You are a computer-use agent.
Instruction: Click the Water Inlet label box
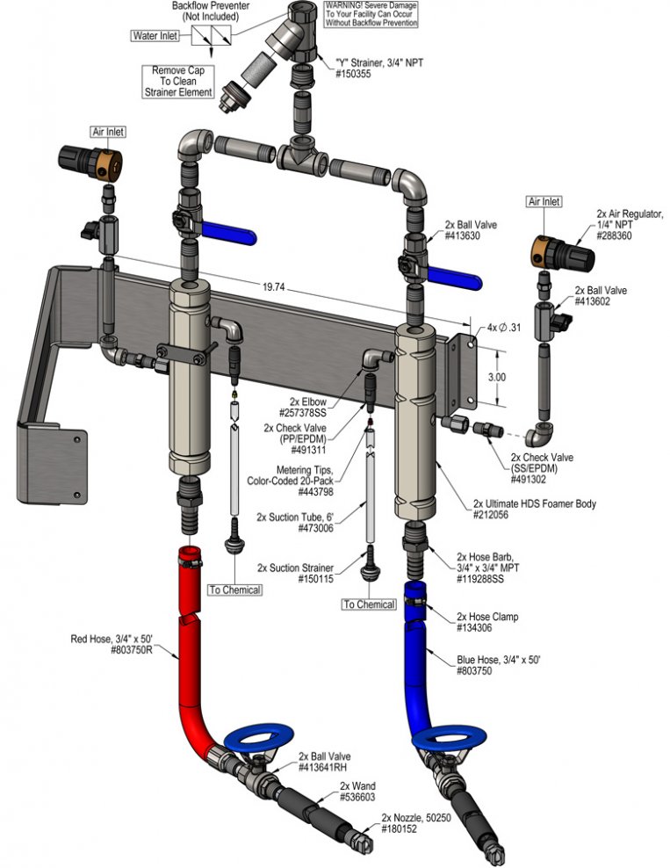[155, 36]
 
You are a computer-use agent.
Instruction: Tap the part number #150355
[353, 74]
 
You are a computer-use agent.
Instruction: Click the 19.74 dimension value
[273, 286]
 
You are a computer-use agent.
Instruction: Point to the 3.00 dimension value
[497, 377]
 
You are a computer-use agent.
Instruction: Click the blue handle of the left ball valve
[228, 232]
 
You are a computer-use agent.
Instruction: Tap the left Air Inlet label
[108, 132]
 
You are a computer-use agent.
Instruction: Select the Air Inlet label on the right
[544, 201]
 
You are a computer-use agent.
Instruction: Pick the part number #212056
[491, 515]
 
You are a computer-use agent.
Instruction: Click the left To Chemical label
[234, 590]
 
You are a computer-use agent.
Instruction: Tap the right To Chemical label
[369, 604]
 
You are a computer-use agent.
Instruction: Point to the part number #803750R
[132, 650]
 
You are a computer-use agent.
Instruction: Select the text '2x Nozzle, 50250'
[416, 818]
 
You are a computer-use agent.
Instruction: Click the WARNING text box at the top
[371, 14]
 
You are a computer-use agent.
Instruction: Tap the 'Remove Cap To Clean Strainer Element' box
[178, 82]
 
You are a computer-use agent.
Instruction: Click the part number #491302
[528, 480]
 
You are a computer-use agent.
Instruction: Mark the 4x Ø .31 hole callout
[503, 327]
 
